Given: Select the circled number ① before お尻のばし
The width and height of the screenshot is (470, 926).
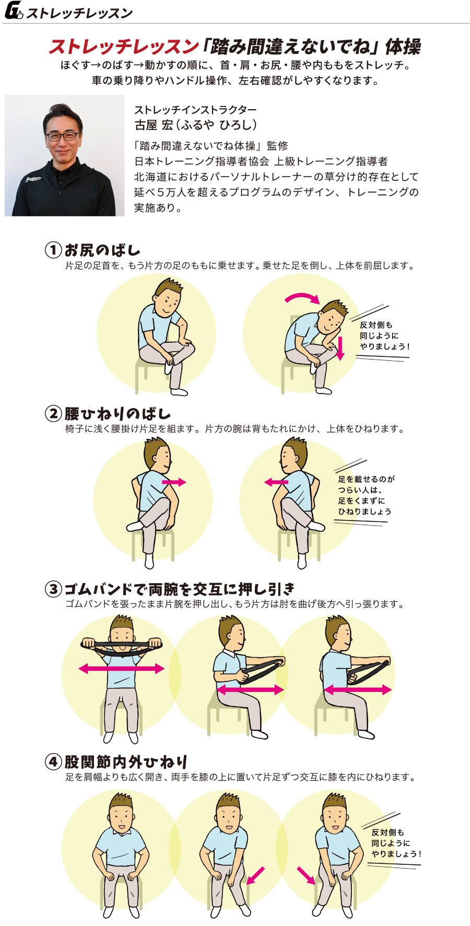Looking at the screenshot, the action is [x=53, y=250].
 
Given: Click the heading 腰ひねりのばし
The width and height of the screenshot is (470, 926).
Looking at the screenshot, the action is [x=118, y=414].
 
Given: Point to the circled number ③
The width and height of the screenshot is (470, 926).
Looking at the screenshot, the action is [x=53, y=589].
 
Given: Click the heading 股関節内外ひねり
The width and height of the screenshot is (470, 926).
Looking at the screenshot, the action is [x=126, y=761].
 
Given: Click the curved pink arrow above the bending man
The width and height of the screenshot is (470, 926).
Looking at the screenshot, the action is [x=302, y=297].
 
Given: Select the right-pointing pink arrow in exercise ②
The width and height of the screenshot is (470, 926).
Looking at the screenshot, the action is [x=174, y=482].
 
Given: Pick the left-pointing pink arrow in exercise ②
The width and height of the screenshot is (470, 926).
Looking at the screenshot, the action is [x=276, y=482].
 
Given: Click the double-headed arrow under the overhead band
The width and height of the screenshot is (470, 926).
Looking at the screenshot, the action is [x=121, y=668].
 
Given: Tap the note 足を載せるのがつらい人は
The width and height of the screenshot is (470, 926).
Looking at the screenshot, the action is [x=366, y=484].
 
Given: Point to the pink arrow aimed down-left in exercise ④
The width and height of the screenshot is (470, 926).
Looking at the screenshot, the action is [x=255, y=875].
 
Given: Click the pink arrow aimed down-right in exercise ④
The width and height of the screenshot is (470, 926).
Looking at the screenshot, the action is [x=306, y=875].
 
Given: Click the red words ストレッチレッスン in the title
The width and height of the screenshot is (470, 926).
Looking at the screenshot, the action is [x=124, y=47].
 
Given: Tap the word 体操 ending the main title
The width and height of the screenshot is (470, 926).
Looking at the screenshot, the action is [x=403, y=47].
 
